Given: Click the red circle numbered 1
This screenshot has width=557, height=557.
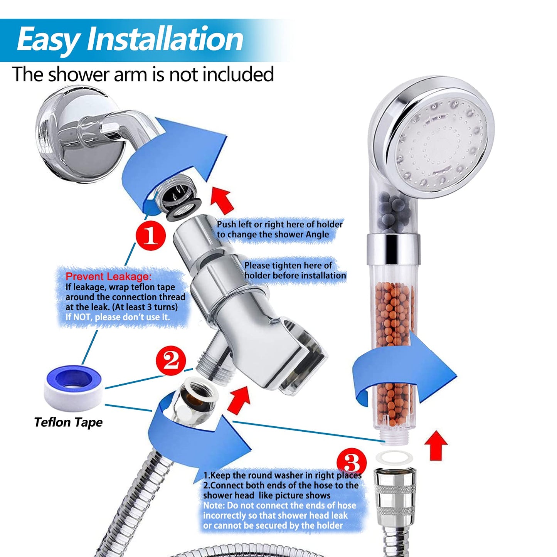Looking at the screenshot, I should [151, 235].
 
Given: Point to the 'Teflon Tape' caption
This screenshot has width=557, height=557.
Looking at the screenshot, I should [68, 422].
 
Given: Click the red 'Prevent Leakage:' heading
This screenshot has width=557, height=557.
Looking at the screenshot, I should [109, 276].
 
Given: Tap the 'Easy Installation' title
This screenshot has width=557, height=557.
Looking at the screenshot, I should [130, 39].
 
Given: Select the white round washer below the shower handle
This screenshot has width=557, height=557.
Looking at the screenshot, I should [394, 458].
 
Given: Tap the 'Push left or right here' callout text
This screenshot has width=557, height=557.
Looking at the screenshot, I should [279, 229].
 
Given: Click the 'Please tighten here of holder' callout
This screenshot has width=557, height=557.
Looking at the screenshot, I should [295, 271].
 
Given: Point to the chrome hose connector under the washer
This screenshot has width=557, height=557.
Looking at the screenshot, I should [395, 493].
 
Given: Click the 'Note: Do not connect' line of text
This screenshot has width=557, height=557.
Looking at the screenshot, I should [279, 505].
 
